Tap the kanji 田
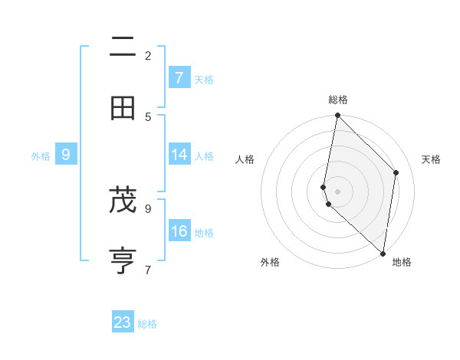pyautogui.click(x=123, y=108)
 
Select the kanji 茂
pyautogui.click(x=123, y=200)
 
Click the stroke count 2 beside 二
pyautogui.click(x=148, y=55)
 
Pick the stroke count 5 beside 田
pyautogui.click(x=148, y=116)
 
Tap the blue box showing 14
pyautogui.click(x=179, y=155)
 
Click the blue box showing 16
pyautogui.click(x=179, y=231)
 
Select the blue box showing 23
pyautogui.click(x=123, y=322)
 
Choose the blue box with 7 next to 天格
pyautogui.click(x=179, y=78)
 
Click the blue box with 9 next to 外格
pyautogui.click(x=66, y=155)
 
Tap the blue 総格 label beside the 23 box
pyautogui.click(x=148, y=324)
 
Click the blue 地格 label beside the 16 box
pyautogui.click(x=204, y=232)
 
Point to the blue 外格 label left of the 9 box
pyautogui.click(x=41, y=155)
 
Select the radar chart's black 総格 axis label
pyautogui.click(x=338, y=100)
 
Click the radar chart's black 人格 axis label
pyautogui.click(x=245, y=159)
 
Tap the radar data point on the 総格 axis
pyautogui.click(x=337, y=116)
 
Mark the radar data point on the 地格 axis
pyautogui.click(x=383, y=253)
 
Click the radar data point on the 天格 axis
pyautogui.click(x=396, y=172)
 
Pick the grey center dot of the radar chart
pyautogui.click(x=337, y=191)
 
